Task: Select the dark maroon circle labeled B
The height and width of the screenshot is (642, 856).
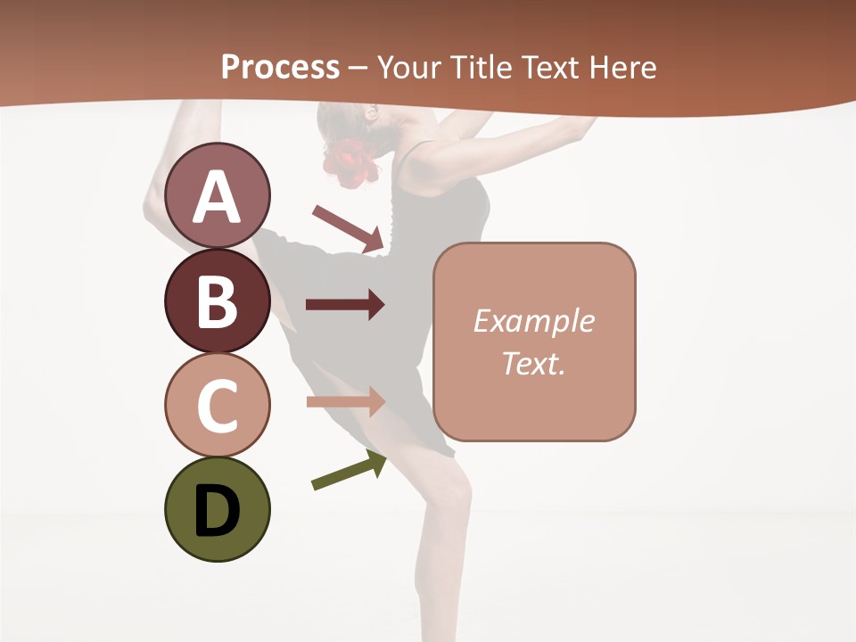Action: [218, 300]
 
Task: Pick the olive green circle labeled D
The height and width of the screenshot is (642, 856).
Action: [218, 509]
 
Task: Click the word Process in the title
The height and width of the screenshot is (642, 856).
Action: [280, 67]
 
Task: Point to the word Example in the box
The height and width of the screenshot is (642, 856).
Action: [533, 321]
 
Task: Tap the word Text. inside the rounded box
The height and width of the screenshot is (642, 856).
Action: [533, 363]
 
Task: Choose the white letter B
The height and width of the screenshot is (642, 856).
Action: [218, 300]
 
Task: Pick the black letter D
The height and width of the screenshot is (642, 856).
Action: [218, 509]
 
